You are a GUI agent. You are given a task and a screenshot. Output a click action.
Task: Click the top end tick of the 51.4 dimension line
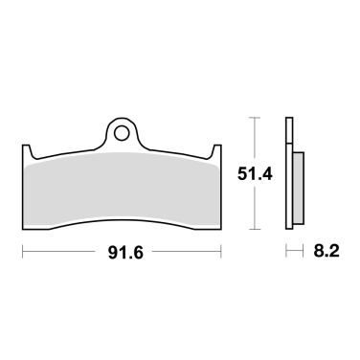point(254,118)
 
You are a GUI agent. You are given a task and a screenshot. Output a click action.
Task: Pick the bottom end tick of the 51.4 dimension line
point(254,229)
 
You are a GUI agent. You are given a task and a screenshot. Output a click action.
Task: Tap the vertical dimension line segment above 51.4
point(254,139)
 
